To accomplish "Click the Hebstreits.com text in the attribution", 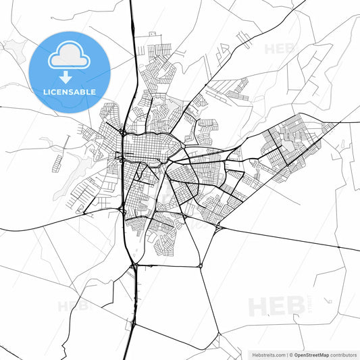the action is pos(268,354).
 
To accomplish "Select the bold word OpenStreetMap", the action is pos(311,354).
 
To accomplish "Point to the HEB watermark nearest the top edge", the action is pos(279,49).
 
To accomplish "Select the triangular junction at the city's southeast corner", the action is pos(219,229).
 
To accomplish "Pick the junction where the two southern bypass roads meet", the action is pos(201,266).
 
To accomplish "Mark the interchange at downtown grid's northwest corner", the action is pos(122,132).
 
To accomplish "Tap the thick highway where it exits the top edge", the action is pos(131,3).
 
